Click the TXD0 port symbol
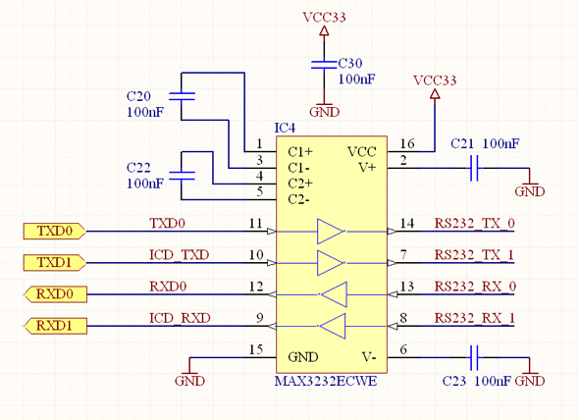[55, 232]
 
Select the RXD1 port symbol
[55, 326]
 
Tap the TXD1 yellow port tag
[55, 263]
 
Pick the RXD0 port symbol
[55, 294]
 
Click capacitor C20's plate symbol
[182, 96]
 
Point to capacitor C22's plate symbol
[182, 176]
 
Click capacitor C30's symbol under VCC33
[324, 65]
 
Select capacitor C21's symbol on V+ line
[474, 168]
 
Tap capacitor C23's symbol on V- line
[474, 357]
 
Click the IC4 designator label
[285, 128]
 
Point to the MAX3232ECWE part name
[326, 381]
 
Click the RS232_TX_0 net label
[475, 224]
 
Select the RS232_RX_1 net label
[475, 318]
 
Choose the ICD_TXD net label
[179, 255]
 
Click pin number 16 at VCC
[407, 143]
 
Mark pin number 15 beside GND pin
[255, 349]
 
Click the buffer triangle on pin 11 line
[330, 232]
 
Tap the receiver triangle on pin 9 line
[333, 326]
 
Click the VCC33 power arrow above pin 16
[435, 94]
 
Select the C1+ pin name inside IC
[300, 152]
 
